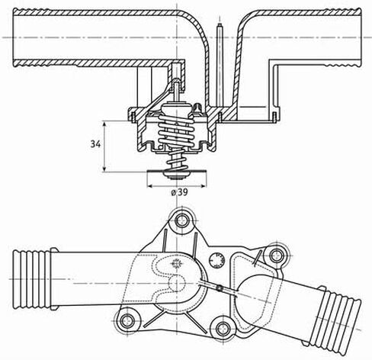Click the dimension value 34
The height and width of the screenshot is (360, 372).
point(95,144)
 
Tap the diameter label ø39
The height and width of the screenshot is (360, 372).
point(179,192)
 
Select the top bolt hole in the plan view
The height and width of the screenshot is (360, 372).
point(182,220)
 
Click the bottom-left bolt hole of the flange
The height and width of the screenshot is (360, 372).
point(127,320)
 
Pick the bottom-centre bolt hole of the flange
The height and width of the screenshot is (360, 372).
point(223,328)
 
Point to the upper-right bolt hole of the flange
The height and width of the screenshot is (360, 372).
point(277,256)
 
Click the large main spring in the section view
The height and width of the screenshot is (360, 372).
point(176,130)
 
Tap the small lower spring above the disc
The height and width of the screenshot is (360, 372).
point(176,160)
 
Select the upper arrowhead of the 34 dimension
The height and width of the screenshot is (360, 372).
point(104,124)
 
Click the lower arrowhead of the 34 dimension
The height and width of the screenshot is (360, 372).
point(104,169)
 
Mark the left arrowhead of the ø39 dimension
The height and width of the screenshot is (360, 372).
point(150,186)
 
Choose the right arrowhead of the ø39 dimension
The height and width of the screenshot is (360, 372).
point(204,186)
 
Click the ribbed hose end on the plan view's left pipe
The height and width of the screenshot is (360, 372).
point(32,279)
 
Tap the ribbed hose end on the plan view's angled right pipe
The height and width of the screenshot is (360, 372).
point(335,321)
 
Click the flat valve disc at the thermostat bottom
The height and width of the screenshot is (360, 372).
point(177,172)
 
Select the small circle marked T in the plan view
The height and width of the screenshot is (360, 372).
point(216,260)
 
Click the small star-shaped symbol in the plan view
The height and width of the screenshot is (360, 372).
point(176,264)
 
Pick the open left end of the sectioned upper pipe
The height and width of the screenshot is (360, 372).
point(14,37)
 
